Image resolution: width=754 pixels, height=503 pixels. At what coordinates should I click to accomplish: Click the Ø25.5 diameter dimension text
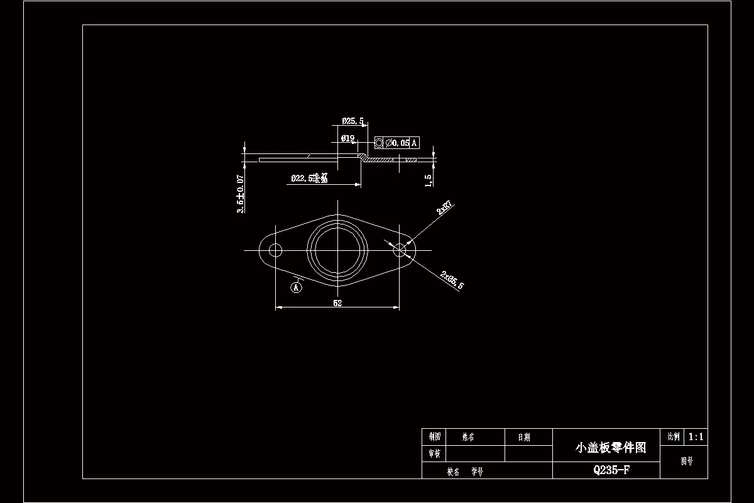pyautogui.click(x=352, y=121)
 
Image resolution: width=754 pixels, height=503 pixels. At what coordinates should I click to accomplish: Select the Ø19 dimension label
pyautogui.click(x=347, y=138)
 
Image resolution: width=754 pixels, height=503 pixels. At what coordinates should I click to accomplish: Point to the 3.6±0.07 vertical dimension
pyautogui.click(x=240, y=194)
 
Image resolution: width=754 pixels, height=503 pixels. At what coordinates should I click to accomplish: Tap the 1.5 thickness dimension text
pyautogui.click(x=429, y=180)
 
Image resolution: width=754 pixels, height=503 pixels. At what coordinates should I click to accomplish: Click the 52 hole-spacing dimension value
pyautogui.click(x=337, y=303)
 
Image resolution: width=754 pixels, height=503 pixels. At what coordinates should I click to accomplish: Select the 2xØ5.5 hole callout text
pyautogui.click(x=452, y=280)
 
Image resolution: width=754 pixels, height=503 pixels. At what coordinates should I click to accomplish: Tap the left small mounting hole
pyautogui.click(x=275, y=250)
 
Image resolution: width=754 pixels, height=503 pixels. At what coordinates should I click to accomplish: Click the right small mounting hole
pyautogui.click(x=400, y=250)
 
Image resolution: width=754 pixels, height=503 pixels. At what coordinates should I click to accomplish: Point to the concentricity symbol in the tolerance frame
pyautogui.click(x=379, y=143)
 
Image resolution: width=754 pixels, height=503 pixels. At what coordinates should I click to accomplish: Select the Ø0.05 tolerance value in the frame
pyautogui.click(x=397, y=143)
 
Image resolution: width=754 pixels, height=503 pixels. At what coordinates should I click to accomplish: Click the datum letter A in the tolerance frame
pyautogui.click(x=414, y=143)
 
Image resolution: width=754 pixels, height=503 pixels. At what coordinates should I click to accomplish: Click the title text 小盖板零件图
pyautogui.click(x=611, y=448)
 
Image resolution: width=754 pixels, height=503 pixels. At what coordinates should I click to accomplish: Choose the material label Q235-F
pyautogui.click(x=611, y=470)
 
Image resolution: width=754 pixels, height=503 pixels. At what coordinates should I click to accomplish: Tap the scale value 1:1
pyautogui.click(x=696, y=436)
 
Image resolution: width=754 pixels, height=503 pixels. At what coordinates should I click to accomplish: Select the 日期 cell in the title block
pyautogui.click(x=523, y=437)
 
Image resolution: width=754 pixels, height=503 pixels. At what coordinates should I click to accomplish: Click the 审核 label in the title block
pyautogui.click(x=435, y=453)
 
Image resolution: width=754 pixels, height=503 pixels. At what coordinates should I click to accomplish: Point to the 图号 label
pyautogui.click(x=687, y=462)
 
